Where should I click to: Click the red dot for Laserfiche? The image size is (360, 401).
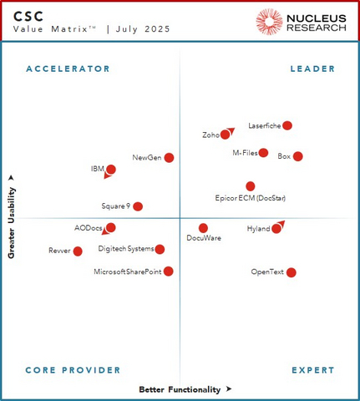tap(287, 125)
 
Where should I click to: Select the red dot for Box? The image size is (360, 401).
tap(297, 156)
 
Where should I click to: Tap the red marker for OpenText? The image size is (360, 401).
tap(291, 272)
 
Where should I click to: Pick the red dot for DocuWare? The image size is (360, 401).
tap(203, 228)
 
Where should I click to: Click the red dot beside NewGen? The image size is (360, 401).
tap(169, 157)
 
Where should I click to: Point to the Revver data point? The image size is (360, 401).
tap(78, 251)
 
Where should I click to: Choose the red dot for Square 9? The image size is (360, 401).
tap(138, 206)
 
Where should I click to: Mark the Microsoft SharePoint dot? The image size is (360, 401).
tap(169, 271)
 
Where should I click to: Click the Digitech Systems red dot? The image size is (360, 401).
tap(160, 249)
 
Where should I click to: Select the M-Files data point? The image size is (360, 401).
tap(263, 153)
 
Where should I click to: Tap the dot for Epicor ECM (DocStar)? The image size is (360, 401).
tap(251, 186)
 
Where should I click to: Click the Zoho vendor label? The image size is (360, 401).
tap(210, 135)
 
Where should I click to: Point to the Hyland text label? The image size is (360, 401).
tap(258, 228)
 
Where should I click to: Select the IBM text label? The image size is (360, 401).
tap(97, 169)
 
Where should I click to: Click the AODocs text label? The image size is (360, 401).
tap(88, 227)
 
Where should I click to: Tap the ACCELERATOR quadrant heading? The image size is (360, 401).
tap(68, 69)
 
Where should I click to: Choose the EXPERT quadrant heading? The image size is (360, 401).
tap(313, 370)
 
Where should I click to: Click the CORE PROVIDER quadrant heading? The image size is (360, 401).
tap(73, 370)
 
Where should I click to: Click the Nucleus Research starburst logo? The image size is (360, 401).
tap(269, 22)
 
